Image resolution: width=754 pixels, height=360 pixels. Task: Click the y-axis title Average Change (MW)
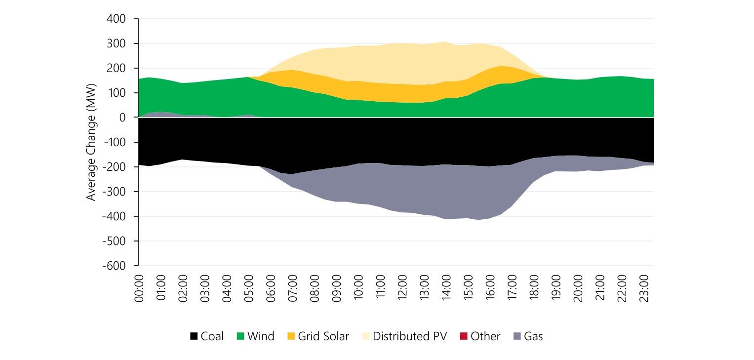pos(91,142)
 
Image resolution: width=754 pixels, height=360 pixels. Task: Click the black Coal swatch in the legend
pos(194,337)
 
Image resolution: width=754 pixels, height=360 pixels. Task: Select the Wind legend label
pos(261,337)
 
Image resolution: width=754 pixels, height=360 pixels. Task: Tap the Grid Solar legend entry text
pos(323,337)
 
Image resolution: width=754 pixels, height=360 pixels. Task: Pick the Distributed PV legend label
pos(409,337)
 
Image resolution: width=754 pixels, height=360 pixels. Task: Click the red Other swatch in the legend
pos(464,337)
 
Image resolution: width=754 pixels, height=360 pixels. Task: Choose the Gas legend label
pos(533,337)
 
